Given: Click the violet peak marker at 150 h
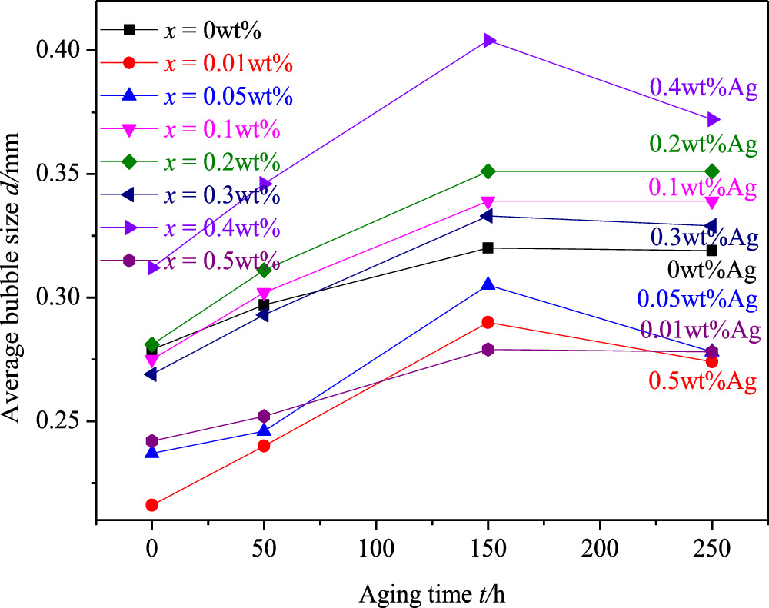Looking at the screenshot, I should [x=488, y=40].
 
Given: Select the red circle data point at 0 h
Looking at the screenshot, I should [x=151, y=505].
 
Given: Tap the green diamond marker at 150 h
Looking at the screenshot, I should [x=488, y=171].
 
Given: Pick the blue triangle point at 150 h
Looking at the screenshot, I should [x=488, y=285].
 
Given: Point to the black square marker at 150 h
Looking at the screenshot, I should [x=488, y=248].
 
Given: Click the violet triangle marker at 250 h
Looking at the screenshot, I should [x=712, y=120].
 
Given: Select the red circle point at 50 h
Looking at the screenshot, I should [x=264, y=446].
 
